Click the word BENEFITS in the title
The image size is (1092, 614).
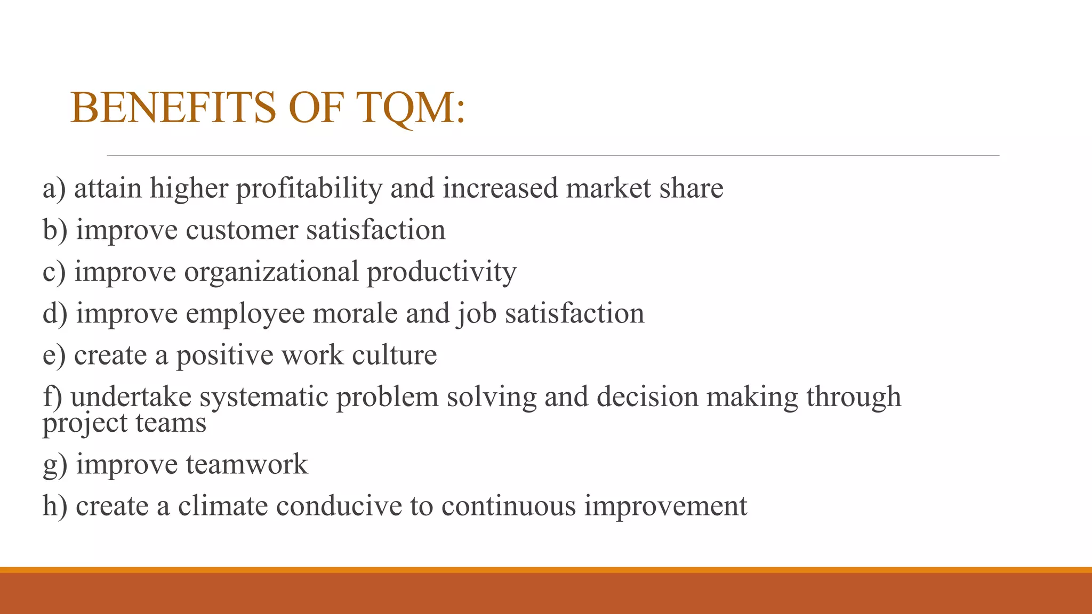coord(173,108)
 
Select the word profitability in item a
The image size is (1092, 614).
coord(309,189)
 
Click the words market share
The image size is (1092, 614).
coord(644,188)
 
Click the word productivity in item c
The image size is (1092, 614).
coord(441,272)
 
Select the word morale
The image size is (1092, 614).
coord(355,313)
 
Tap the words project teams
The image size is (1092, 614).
coord(124,424)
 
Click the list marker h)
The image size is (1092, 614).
coord(55,506)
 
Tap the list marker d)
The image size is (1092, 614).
coord(55,313)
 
